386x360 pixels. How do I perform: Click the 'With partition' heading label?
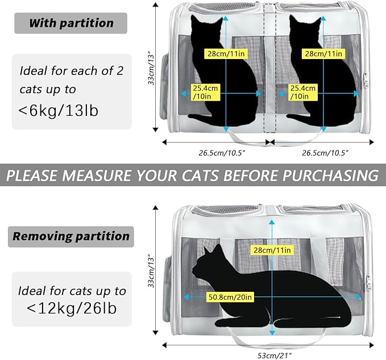click(x=71, y=23)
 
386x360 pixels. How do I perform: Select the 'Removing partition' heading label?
click(x=71, y=236)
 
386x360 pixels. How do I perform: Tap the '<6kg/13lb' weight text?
click(x=59, y=110)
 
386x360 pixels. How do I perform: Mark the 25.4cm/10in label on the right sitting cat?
click(x=301, y=92)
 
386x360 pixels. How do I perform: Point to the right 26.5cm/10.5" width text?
click(x=325, y=153)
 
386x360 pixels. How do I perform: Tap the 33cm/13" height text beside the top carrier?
click(x=152, y=69)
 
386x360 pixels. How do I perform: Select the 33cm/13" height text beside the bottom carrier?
click(x=152, y=271)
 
